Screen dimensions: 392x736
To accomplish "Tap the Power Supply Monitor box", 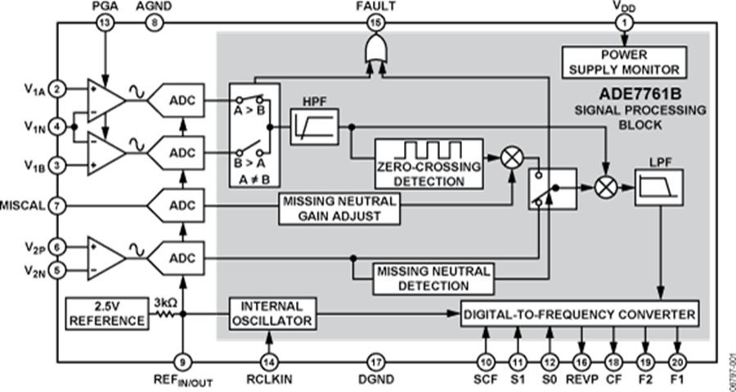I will point(624,62).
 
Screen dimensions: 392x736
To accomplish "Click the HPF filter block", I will point(314,128).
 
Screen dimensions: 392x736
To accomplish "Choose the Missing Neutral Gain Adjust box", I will point(339,209).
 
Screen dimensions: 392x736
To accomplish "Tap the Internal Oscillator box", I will point(271,313).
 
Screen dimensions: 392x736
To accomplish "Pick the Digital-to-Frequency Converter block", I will point(581,313).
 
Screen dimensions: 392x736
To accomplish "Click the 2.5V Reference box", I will point(106,313).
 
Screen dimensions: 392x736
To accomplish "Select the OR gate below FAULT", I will point(375,56).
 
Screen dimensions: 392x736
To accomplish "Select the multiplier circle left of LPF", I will point(606,187).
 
